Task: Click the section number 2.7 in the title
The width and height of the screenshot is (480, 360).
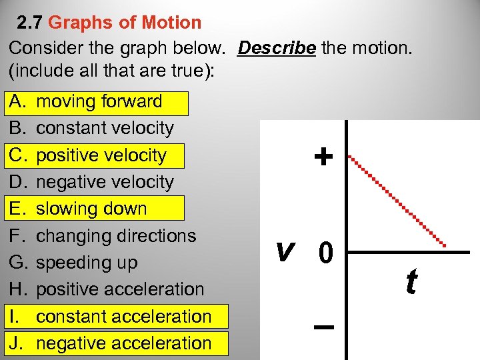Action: pos(30,23)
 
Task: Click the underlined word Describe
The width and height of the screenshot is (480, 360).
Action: pos(277,49)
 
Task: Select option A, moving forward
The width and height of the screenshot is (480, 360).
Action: pos(99,102)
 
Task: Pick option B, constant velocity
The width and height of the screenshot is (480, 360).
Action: pos(105,129)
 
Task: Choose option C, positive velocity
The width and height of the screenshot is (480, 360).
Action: pos(101,155)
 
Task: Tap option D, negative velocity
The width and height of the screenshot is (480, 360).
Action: pos(105,182)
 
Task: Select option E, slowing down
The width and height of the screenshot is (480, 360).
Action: pos(91,209)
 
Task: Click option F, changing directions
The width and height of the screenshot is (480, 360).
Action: pos(116,236)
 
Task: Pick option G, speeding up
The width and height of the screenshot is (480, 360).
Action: pos(87,263)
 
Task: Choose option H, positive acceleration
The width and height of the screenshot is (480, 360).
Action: pos(120,289)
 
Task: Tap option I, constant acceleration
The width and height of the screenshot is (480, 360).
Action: pos(123,316)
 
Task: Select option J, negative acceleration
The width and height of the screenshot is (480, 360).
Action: pos(123,343)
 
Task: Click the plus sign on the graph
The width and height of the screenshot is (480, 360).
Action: pos(323,157)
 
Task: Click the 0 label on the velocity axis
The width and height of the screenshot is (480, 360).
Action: pos(326,253)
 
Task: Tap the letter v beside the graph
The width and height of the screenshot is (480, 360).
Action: pos(285,251)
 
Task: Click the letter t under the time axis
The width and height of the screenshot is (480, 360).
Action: pos(411,282)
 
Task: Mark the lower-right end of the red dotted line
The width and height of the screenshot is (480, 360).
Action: pos(445,245)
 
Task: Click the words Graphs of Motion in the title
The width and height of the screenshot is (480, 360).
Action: pos(125,23)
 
